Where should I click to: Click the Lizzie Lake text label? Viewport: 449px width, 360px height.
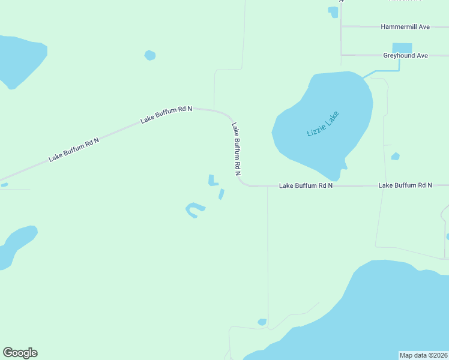coord(323,124)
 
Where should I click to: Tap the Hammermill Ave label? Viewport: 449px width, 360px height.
coord(405,27)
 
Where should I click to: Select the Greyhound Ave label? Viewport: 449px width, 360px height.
coord(405,56)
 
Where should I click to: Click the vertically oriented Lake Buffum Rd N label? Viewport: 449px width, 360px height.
coord(237,149)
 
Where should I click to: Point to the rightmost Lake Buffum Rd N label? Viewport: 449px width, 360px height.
coord(405,185)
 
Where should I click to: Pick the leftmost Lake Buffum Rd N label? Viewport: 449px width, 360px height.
coord(74,149)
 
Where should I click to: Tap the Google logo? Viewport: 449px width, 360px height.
coord(20,353)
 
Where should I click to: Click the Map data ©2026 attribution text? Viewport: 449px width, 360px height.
coord(424,355)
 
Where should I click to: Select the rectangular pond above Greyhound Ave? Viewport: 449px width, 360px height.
coord(402,48)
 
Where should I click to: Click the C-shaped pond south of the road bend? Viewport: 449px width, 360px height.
coord(194,210)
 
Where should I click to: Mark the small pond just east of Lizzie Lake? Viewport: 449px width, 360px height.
coord(395,157)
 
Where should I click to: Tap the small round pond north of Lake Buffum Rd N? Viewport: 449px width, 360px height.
coord(150,55)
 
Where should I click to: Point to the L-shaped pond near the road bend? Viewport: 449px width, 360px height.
coord(212,181)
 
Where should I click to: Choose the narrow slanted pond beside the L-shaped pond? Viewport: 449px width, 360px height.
coord(221,194)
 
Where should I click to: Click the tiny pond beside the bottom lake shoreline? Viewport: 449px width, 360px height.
coord(262,322)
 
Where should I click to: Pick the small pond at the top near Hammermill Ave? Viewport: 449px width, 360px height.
coord(333,10)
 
